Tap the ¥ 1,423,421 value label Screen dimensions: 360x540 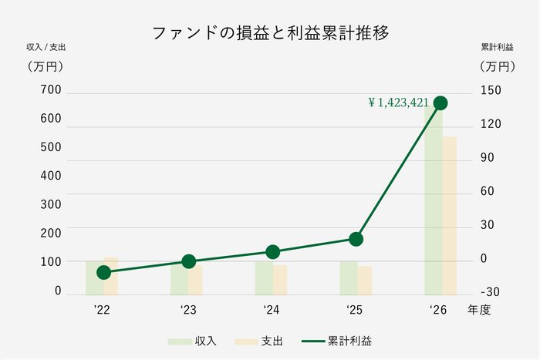click(398, 102)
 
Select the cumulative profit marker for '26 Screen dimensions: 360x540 click(440, 103)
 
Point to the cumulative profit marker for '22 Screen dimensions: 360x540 click(104, 272)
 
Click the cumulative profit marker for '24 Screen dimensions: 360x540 click(272, 252)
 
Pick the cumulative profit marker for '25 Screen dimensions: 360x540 click(356, 239)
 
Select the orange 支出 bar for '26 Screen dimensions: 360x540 click(450, 215)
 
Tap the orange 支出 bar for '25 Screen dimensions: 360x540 click(365, 281)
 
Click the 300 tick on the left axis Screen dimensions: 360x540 click(52, 204)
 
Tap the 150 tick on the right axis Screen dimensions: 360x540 click(491, 90)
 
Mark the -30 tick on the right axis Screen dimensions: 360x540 click(491, 291)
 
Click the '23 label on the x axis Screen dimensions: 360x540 click(187, 310)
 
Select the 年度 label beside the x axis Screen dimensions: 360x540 click(478, 310)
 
